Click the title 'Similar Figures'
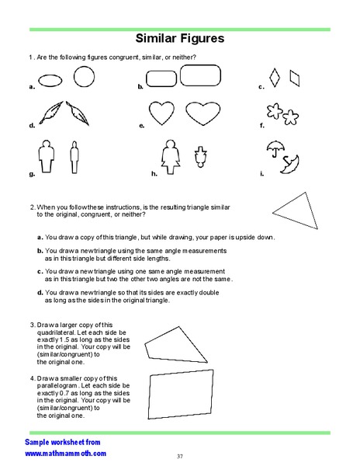click(180, 38)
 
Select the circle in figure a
click(83, 76)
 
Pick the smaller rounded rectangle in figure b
click(161, 79)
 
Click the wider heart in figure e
click(203, 113)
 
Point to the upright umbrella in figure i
click(275, 148)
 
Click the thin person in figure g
click(74, 157)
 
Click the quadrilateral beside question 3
click(178, 343)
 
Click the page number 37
click(180, 455)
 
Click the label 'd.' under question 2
click(40, 291)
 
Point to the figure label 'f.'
click(262, 125)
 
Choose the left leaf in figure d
click(54, 113)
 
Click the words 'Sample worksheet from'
click(57, 441)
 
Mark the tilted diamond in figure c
click(293, 77)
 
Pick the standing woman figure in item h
click(168, 157)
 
